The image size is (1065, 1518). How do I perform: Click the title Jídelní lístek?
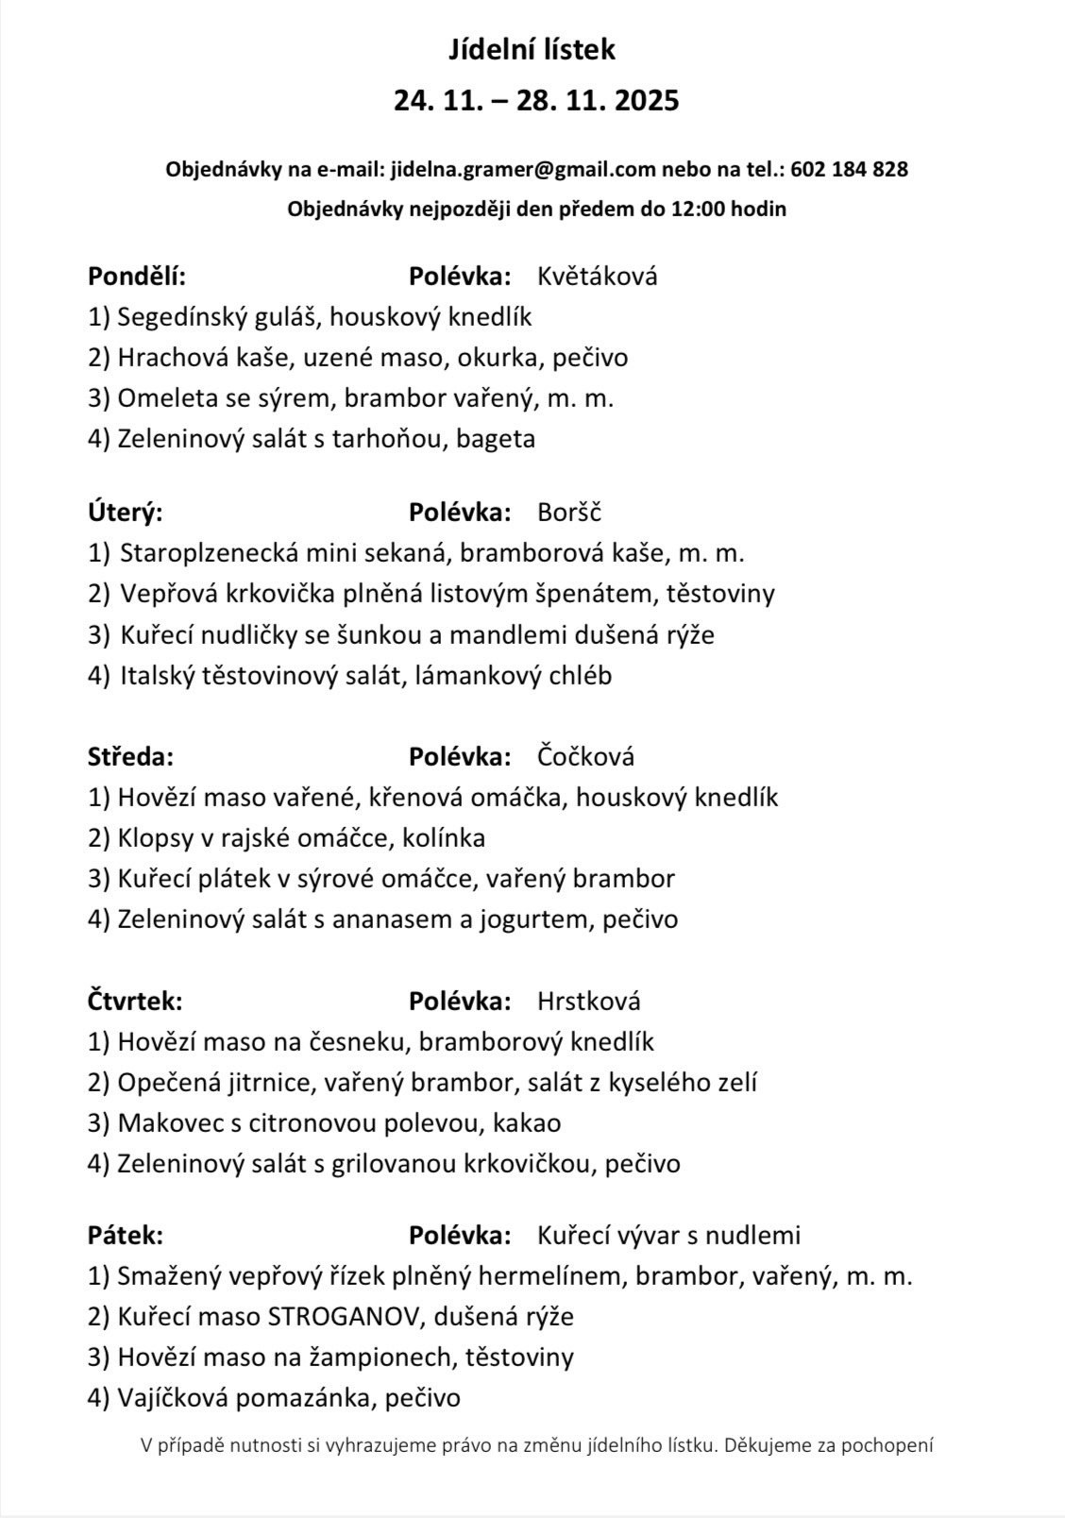(532, 50)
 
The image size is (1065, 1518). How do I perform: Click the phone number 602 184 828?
(849, 170)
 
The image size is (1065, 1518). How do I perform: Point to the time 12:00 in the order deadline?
(695, 210)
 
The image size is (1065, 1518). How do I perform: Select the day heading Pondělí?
(137, 277)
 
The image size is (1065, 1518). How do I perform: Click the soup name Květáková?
(597, 277)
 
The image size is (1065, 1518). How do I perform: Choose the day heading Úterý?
(126, 513)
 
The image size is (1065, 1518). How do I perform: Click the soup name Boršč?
(568, 513)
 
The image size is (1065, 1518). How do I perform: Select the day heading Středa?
(130, 757)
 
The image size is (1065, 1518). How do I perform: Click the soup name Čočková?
(585, 757)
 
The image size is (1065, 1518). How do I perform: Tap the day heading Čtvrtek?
(135, 1002)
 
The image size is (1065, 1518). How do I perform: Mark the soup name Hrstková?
(588, 1002)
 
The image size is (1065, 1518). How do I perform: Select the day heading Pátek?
(126, 1236)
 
